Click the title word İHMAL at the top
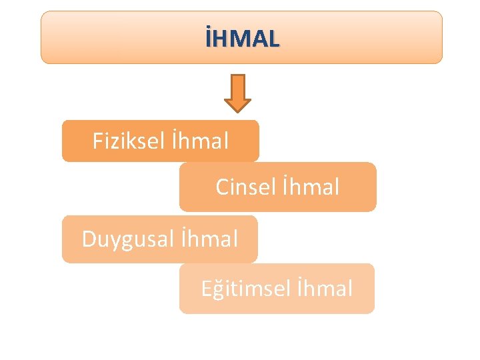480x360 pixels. click(x=243, y=39)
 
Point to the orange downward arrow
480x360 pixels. click(x=237, y=92)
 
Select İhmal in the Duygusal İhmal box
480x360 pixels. click(x=209, y=239)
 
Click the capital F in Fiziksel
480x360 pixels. click(x=98, y=141)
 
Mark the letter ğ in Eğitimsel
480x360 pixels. click(x=218, y=290)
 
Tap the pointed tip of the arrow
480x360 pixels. click(x=237, y=110)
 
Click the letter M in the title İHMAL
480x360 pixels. click(x=243, y=39)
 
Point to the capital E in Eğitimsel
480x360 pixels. click(x=207, y=289)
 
